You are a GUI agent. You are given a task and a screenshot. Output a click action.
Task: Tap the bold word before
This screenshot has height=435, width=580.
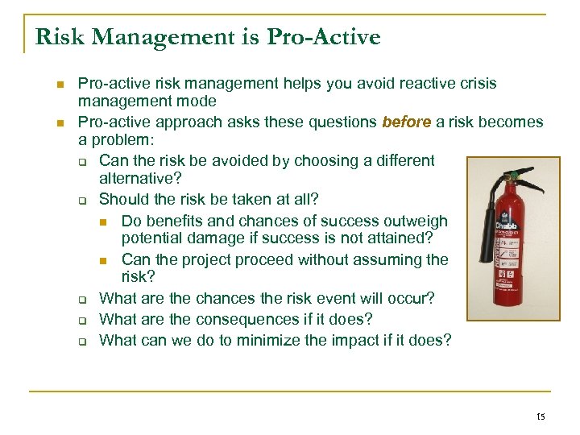pos(407,122)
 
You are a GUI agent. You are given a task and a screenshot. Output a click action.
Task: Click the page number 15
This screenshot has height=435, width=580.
pos(540,416)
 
